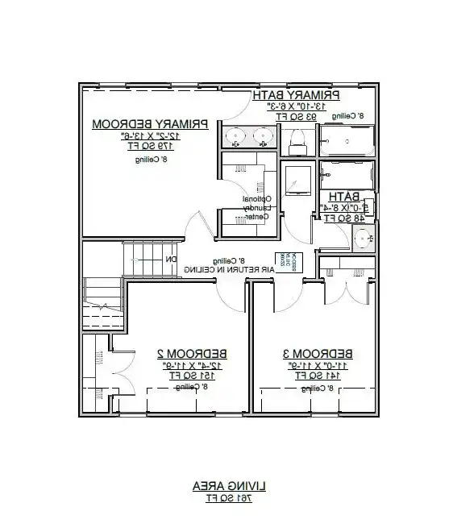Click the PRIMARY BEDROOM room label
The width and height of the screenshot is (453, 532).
coord(151,124)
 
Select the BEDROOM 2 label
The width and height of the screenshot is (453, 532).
coord(191,354)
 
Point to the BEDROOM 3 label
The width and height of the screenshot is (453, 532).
coord(318,354)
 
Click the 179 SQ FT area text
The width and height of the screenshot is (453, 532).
coord(151,146)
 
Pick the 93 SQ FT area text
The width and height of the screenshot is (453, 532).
coord(296,116)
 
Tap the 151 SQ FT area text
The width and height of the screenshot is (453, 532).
coord(192,376)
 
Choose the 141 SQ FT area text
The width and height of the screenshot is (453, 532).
coord(318,376)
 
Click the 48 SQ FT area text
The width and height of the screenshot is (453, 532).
coord(343,218)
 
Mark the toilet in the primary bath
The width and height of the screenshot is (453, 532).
coord(295,142)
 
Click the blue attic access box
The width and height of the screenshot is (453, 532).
coord(287,261)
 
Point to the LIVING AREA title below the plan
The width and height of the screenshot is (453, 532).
coord(226,486)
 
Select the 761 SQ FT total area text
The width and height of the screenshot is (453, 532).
coord(226,498)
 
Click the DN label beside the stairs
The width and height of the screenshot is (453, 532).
coord(171,260)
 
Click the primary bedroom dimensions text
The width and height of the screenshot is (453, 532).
coord(151,135)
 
